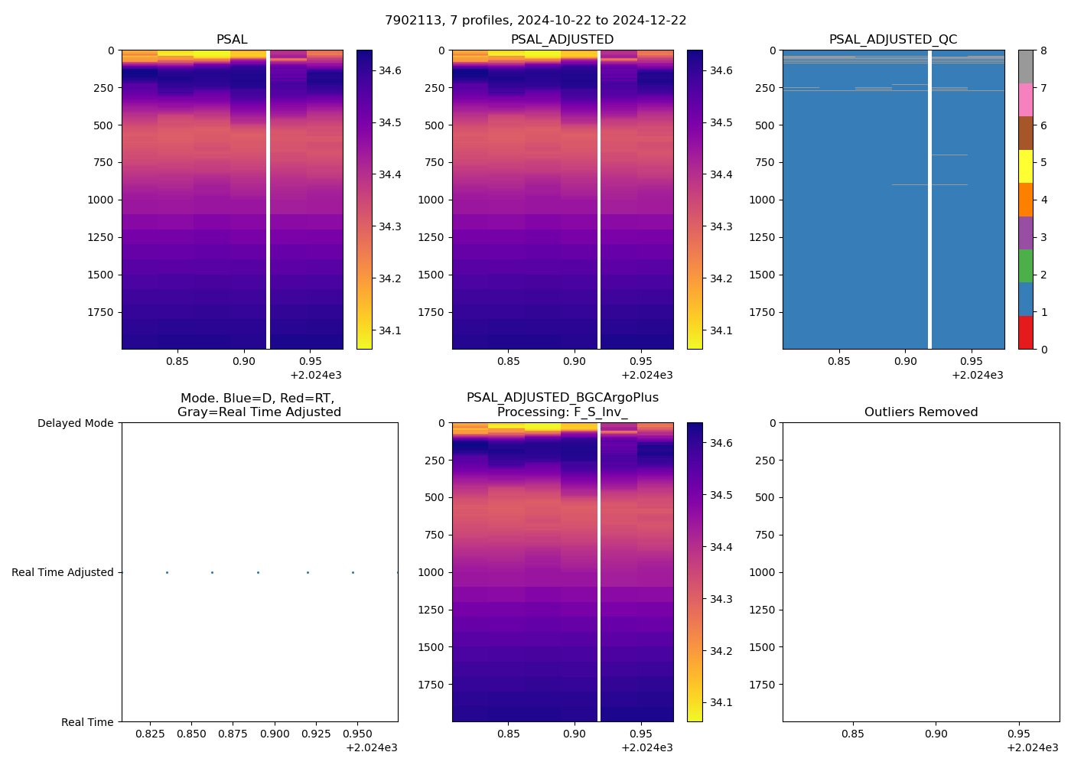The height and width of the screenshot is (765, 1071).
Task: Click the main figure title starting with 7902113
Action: click(x=535, y=21)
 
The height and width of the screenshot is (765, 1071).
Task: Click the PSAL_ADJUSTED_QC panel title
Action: click(x=893, y=40)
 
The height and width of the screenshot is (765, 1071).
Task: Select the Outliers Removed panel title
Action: click(x=920, y=412)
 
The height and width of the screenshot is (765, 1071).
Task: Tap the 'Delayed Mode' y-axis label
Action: click(x=75, y=423)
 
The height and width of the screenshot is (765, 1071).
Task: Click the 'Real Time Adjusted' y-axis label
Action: click(x=62, y=572)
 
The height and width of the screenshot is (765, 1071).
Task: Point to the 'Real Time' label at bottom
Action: click(x=87, y=722)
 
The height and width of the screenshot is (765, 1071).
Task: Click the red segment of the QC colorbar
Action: click(x=1025, y=333)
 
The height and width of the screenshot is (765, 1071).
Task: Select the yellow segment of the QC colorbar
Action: click(x=1025, y=166)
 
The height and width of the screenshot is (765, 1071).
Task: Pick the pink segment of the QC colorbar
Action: click(x=1025, y=99)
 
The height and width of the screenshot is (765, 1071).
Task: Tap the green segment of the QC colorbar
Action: click(x=1025, y=265)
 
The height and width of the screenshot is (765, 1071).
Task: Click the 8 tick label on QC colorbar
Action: click(x=1043, y=50)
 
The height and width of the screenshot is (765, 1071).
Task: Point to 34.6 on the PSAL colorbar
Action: click(x=390, y=70)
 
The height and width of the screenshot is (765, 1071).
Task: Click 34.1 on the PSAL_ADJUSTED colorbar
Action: click(x=721, y=330)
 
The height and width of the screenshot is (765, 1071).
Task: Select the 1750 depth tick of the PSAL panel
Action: click(x=101, y=312)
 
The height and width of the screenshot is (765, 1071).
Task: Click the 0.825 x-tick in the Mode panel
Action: click(x=150, y=734)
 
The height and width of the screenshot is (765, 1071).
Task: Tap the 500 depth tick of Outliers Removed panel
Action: click(x=766, y=497)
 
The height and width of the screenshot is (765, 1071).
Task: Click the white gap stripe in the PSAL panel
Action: click(x=268, y=199)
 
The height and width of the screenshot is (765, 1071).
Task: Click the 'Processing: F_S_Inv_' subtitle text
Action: click(x=562, y=412)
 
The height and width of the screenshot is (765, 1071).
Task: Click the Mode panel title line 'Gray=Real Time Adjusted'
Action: click(x=259, y=412)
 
